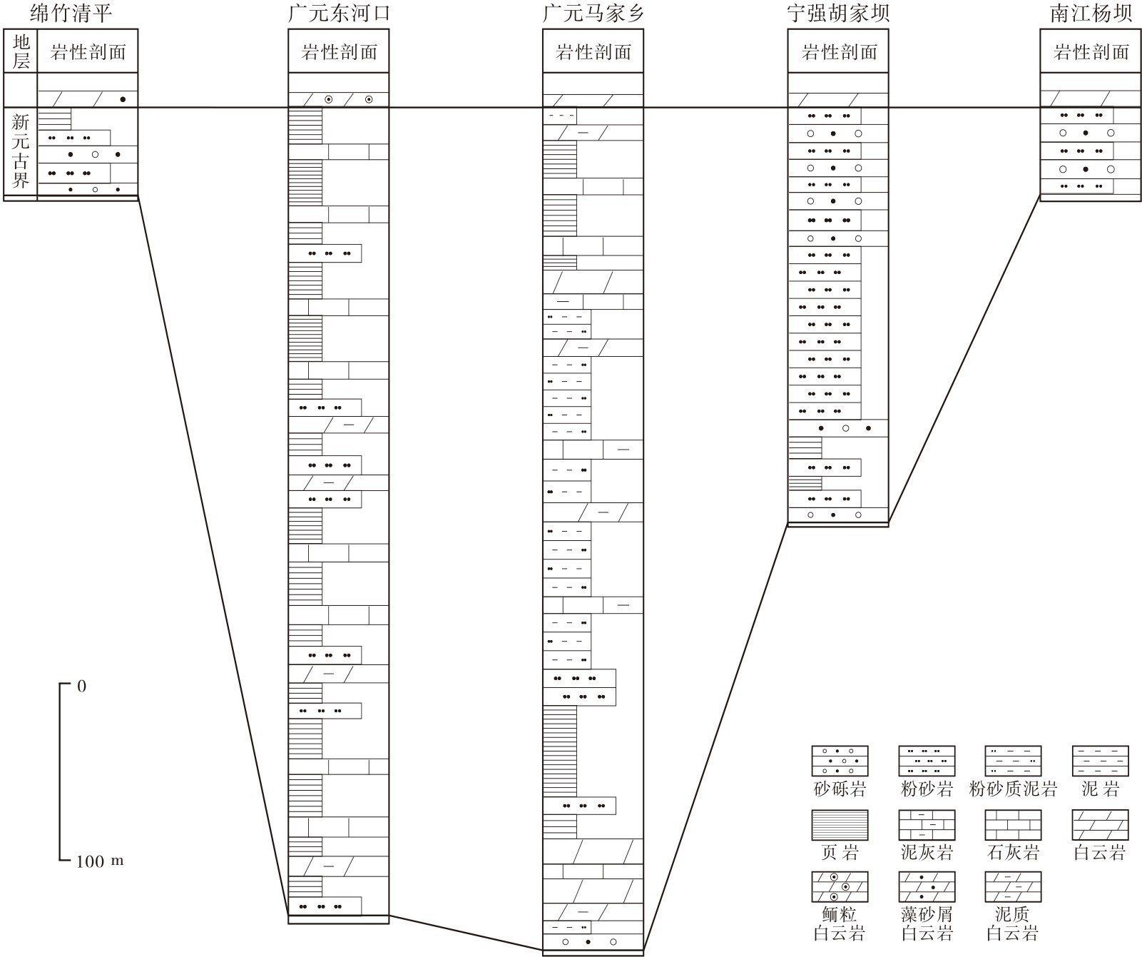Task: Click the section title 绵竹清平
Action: (x=71, y=14)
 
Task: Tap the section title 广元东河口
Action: (x=339, y=14)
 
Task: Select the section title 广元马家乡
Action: (x=593, y=14)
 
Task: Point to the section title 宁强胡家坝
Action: (x=838, y=14)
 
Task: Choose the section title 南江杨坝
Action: (x=1091, y=14)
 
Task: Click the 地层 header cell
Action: (x=21, y=51)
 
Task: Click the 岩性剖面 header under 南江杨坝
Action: (x=1091, y=52)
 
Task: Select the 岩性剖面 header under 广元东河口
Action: (x=340, y=52)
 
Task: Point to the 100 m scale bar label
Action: (x=100, y=861)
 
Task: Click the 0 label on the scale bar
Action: (x=81, y=687)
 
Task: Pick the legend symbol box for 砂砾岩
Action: (x=840, y=761)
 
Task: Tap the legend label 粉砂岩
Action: (x=927, y=789)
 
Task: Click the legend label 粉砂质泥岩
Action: (x=1013, y=789)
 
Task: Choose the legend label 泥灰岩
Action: (x=927, y=852)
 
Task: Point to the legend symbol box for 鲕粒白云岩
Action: (x=840, y=887)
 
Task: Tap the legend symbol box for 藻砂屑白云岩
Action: (x=927, y=887)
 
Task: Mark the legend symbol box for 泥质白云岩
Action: (x=1013, y=887)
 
